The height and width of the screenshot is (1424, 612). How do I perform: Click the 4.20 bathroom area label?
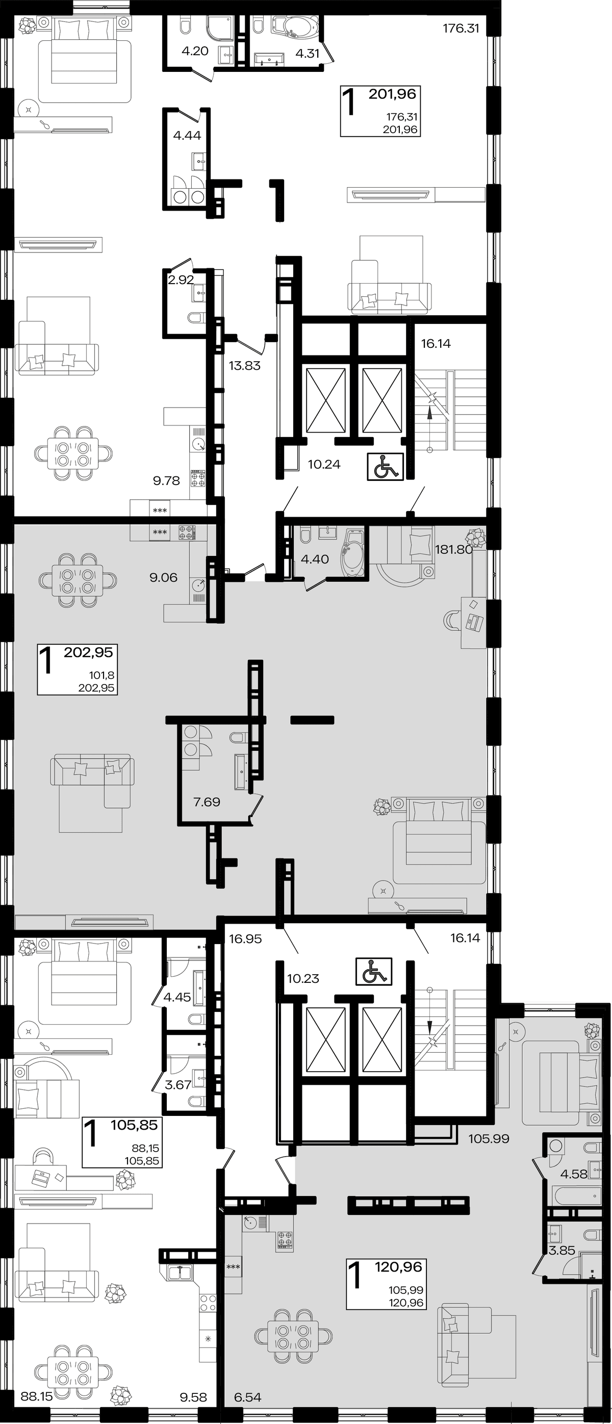click(195, 52)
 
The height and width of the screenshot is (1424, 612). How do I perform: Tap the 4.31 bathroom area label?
click(308, 54)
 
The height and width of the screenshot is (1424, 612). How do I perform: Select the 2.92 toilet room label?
click(181, 279)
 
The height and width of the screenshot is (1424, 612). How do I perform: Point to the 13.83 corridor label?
click(244, 365)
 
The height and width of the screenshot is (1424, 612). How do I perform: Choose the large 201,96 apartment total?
click(392, 94)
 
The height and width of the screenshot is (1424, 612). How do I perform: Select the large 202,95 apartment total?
click(88, 652)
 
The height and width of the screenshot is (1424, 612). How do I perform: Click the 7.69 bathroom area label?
click(207, 802)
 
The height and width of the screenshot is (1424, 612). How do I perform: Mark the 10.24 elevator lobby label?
click(324, 464)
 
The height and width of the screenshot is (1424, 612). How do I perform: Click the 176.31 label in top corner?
click(461, 28)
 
